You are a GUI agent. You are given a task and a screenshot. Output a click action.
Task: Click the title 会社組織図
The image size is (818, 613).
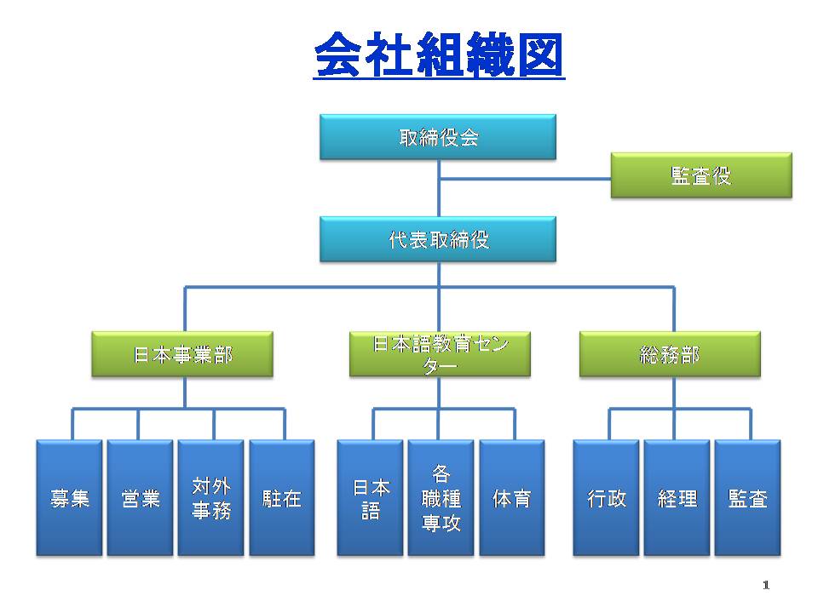click(440, 54)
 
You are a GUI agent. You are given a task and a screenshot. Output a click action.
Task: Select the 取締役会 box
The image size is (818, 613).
click(438, 137)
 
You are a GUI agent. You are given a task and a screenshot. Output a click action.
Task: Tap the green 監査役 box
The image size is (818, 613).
click(701, 175)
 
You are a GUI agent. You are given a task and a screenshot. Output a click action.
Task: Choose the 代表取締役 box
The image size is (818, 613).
click(438, 239)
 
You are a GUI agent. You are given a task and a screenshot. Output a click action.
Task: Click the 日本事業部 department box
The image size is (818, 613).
click(182, 354)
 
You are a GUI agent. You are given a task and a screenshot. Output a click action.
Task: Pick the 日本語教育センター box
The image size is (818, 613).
click(440, 354)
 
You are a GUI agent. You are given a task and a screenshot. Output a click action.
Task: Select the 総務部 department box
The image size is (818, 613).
click(670, 354)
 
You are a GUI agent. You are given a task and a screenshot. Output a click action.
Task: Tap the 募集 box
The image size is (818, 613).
click(69, 498)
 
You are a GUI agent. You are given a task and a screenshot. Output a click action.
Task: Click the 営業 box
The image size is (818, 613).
click(140, 498)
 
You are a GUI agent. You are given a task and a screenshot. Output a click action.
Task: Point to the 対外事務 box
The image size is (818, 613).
click(210, 498)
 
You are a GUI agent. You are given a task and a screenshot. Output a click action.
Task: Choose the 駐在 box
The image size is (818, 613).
click(282, 498)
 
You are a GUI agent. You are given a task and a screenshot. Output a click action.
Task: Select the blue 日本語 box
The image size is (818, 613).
click(370, 498)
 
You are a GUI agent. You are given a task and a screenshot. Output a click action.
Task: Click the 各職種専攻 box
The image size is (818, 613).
click(441, 498)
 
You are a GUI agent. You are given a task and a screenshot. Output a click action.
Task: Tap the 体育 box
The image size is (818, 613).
click(512, 498)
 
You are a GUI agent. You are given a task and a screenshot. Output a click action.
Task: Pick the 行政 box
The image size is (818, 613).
click(606, 498)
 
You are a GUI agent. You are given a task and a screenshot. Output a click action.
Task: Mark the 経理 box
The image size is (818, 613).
click(677, 498)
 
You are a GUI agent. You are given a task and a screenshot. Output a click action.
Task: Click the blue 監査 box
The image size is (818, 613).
click(747, 498)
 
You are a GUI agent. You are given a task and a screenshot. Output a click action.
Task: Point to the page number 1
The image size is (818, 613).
click(766, 585)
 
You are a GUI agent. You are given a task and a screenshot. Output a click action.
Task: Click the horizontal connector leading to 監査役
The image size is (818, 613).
click(525, 179)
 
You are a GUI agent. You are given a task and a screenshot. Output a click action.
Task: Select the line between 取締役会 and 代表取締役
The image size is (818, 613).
click(439, 188)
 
